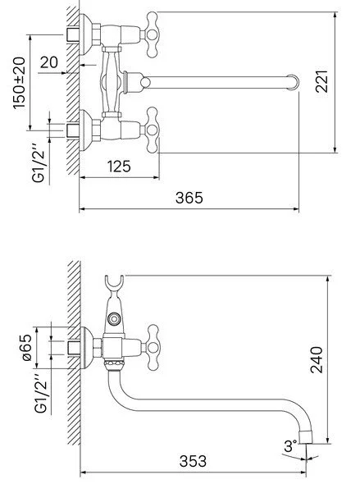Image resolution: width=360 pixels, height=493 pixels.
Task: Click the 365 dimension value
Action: point(189,198)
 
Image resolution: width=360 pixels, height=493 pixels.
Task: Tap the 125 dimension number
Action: point(119,167)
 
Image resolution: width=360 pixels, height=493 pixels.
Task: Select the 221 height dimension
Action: point(321,81)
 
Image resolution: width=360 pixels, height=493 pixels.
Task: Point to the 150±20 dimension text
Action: point(19,83)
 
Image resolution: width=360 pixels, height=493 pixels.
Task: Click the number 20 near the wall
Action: point(49,62)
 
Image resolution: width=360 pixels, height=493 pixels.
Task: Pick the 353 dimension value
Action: point(193,461)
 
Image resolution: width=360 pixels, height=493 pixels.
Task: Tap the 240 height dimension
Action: point(317,359)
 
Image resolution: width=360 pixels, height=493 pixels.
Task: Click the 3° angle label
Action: point(290,446)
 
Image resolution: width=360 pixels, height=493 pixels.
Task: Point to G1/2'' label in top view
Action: point(39,163)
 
